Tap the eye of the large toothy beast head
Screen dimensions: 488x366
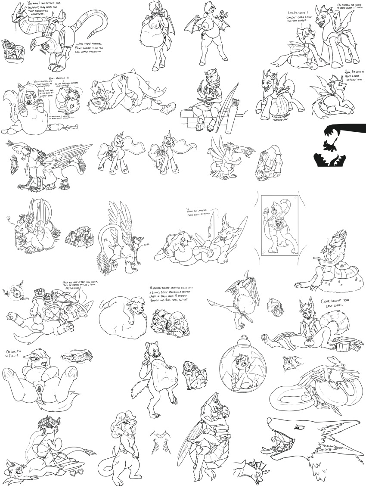[x=298, y=427]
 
